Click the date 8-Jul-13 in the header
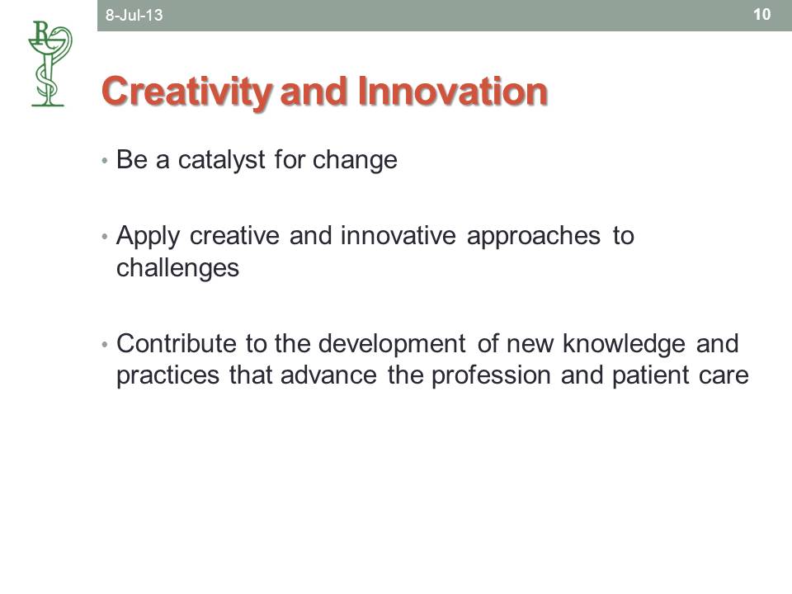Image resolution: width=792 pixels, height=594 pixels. pos(134,15)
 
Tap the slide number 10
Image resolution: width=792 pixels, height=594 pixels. pos(761,14)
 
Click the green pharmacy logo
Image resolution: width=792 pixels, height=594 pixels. pos(49,64)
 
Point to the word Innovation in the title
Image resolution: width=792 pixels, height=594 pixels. pos(453,92)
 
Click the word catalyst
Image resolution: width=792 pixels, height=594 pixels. pos(221,161)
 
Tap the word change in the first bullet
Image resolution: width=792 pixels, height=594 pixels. pos(355,161)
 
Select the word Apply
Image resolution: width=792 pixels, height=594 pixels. pos(148,237)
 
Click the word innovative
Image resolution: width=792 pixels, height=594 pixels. pos(398,236)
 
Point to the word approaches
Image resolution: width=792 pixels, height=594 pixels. pos(534,237)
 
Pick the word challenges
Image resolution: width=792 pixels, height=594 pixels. pos(178,268)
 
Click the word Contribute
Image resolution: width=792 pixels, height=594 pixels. pos(177,343)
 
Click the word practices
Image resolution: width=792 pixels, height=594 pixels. pos(168,376)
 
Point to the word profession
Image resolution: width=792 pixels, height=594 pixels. pos(491,376)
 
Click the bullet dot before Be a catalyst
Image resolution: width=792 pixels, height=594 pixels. pos(105,161)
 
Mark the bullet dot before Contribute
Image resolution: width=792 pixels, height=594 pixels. pos(105,345)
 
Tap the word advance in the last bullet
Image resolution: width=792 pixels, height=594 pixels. pos(329,376)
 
